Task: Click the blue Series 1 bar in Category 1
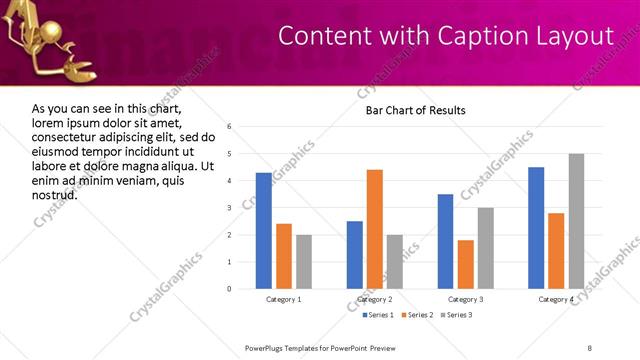(x=264, y=231)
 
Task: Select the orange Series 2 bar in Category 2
(x=375, y=229)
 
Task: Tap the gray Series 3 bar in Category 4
(x=576, y=221)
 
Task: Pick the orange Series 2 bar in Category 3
(x=466, y=264)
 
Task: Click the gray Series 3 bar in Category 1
(x=304, y=262)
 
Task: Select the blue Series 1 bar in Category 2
(x=355, y=255)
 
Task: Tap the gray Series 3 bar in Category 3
(x=486, y=248)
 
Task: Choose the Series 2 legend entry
(x=417, y=315)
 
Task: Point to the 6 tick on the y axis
(x=230, y=127)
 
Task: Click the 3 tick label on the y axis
(x=230, y=208)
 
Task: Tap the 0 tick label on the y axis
(x=230, y=289)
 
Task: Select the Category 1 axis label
(x=284, y=300)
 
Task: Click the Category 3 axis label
(x=466, y=300)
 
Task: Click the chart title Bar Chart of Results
(x=415, y=110)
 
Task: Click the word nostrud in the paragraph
(x=54, y=194)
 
